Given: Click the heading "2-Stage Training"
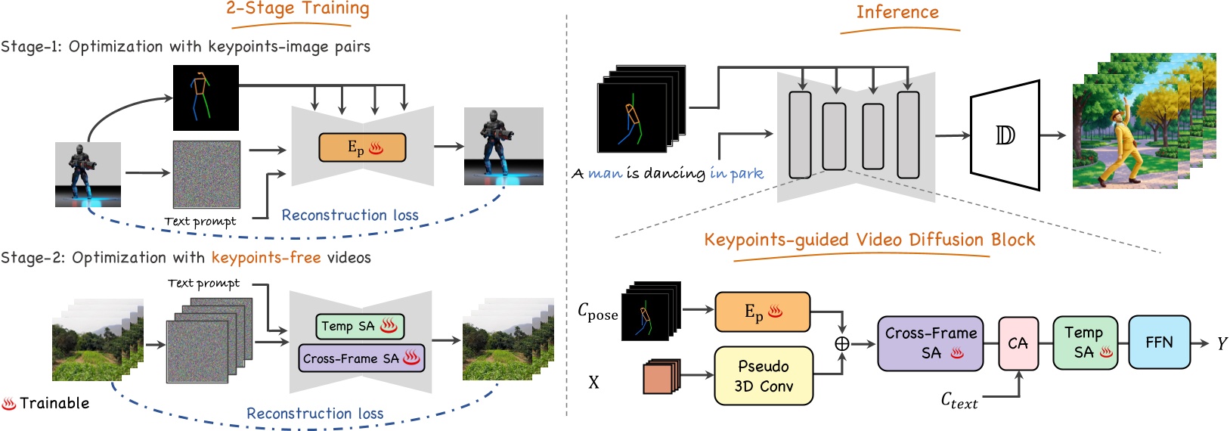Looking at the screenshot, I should tap(298, 10).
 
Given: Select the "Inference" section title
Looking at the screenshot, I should tap(897, 13).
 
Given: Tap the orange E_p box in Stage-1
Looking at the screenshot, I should tap(362, 147).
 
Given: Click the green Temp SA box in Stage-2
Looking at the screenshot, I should tap(359, 326).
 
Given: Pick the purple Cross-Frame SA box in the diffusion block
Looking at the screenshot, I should tap(930, 343).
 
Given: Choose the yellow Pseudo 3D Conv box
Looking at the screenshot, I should tap(764, 376).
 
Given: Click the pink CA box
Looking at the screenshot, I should tap(1018, 343).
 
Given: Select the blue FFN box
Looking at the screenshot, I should tap(1159, 343).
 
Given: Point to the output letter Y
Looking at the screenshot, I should tap(1222, 344).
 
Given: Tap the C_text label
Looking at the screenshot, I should tap(959, 400).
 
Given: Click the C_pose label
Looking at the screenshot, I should tap(597, 312).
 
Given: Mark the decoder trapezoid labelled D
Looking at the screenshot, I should tap(1005, 136).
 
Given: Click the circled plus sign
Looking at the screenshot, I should tap(841, 344).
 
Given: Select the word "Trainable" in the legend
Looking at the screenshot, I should tap(54, 403).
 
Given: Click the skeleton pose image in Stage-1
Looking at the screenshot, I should tap(206, 98).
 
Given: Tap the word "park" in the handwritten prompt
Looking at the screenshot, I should tap(746, 173).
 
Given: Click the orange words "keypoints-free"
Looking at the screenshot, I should tap(266, 258).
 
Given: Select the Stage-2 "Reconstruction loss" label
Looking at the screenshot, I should tap(314, 414).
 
